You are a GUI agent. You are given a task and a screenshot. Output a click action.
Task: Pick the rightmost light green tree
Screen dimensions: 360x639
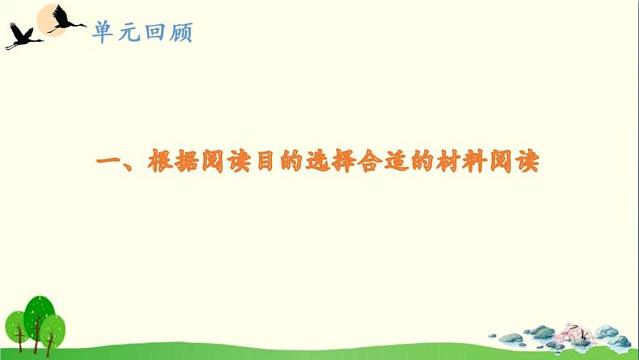[55, 327]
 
